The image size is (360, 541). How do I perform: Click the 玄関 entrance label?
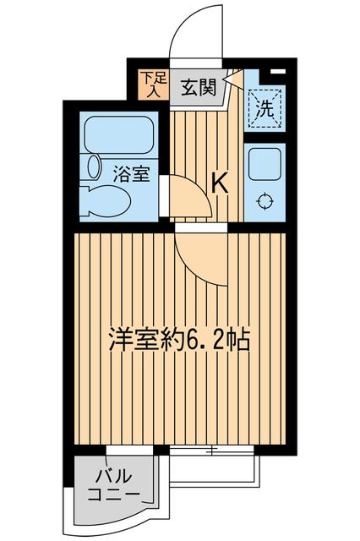(x=199, y=86)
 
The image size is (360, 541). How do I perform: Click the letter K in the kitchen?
(x=220, y=182)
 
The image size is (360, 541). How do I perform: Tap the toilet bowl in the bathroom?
(x=110, y=201)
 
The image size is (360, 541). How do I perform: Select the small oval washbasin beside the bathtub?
(x=92, y=167)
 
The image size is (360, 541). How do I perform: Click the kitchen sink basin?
(x=265, y=163)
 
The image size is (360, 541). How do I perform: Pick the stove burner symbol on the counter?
(x=265, y=201)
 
